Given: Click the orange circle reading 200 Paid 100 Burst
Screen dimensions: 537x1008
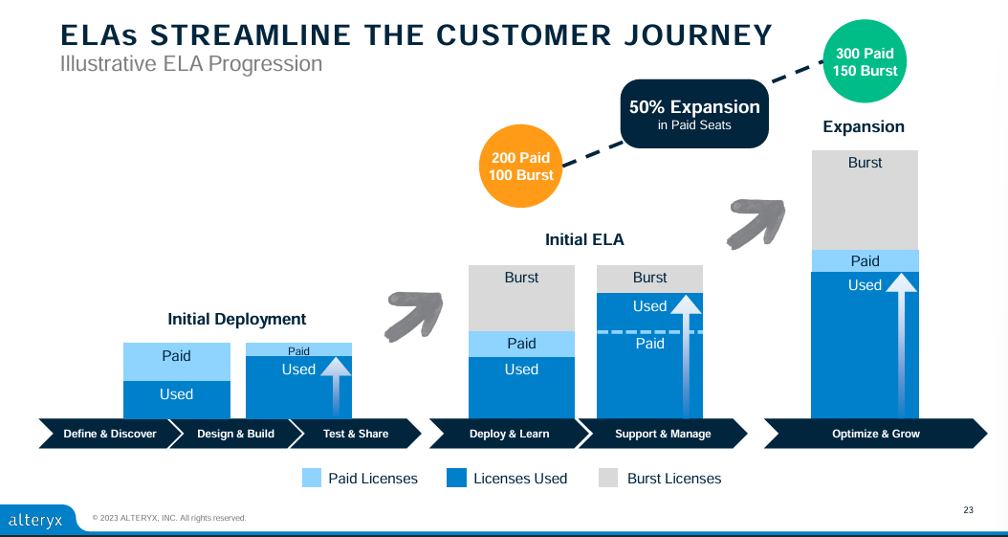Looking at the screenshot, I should click(522, 167).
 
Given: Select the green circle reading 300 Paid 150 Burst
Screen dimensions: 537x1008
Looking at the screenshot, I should click(865, 62).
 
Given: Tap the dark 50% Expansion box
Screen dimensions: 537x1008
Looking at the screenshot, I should click(694, 114).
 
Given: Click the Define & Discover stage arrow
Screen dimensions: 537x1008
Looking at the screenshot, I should click(109, 434).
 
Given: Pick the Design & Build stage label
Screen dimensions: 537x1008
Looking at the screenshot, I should click(235, 434).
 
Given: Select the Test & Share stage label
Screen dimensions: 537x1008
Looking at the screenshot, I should click(356, 434).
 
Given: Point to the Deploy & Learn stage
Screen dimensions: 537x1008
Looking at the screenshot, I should click(509, 434).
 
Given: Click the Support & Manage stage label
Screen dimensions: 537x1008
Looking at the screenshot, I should click(663, 434).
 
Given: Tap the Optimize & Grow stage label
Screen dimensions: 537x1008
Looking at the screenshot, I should click(876, 434).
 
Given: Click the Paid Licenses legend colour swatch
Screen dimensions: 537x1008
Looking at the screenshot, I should click(312, 478).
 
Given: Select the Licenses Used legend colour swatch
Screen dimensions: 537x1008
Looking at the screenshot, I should click(456, 478).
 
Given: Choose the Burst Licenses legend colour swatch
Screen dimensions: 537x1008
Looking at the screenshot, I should click(609, 478).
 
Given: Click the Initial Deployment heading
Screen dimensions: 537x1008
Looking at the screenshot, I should click(237, 319).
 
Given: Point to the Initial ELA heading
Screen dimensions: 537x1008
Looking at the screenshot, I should click(584, 239).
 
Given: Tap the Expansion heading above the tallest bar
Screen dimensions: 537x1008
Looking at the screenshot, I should click(864, 126).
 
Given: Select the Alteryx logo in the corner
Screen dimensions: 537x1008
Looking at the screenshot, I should click(34, 520).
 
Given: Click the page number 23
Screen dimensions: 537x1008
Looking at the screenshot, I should click(968, 509).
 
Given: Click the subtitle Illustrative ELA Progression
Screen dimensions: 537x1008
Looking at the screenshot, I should click(191, 64).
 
